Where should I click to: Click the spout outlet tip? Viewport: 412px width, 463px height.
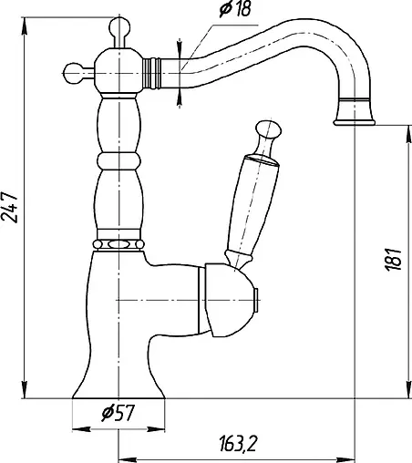355,116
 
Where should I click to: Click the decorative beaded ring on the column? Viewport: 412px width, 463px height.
118,243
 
